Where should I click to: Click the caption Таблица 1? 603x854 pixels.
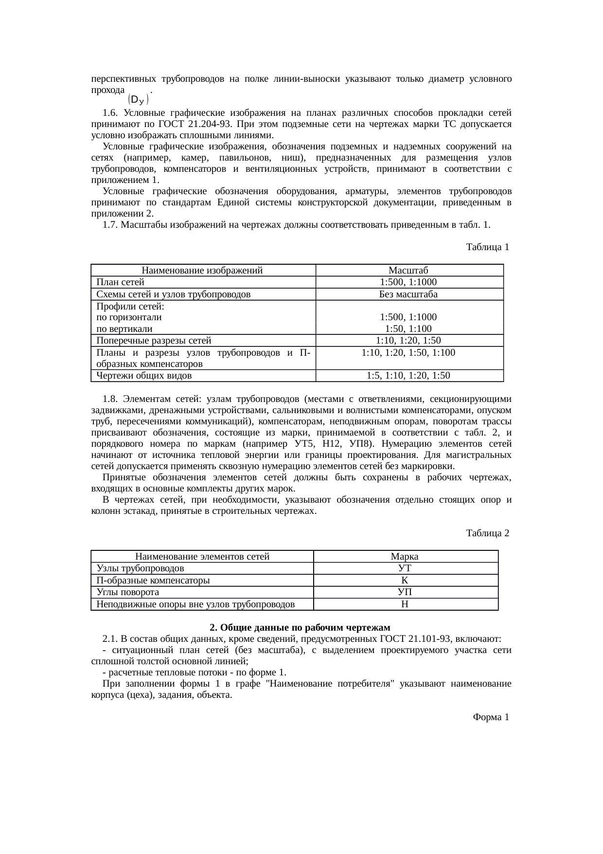487,247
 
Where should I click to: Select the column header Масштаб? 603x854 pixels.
408,271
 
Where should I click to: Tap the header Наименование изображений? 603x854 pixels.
202,271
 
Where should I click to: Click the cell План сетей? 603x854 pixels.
120,282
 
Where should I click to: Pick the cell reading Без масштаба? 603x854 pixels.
408,294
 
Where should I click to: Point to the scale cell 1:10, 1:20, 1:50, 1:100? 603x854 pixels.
408,352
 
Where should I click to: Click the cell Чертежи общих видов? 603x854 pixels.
144,376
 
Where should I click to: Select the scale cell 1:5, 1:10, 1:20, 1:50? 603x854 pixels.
408,376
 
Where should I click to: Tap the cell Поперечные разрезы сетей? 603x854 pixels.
154,341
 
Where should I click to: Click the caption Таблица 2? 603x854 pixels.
487,533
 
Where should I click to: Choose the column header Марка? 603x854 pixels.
405,557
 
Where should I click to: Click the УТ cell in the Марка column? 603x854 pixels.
405,568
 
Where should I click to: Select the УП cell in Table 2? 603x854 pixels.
405,592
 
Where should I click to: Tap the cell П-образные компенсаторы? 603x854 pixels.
153,581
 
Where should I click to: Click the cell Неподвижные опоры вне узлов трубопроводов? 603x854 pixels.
195,604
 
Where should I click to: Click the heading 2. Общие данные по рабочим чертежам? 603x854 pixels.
300,627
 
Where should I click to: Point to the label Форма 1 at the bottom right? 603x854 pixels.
491,717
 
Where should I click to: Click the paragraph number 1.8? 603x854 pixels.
110,399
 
